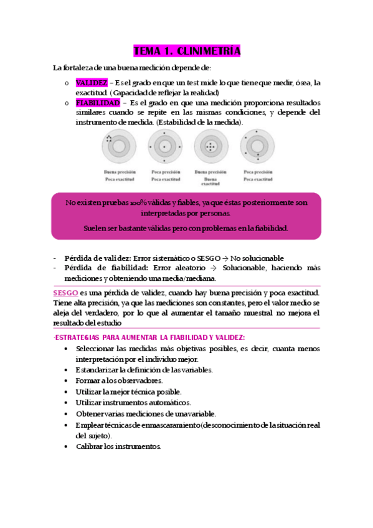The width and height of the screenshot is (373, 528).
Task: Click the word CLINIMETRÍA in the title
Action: click(x=209, y=51)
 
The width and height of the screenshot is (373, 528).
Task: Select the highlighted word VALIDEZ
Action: click(x=92, y=82)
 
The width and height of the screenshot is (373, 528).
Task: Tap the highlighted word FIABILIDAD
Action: click(x=98, y=102)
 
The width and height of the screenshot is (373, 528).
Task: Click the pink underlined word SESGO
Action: click(x=65, y=293)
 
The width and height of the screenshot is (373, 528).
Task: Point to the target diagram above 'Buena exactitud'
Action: click(x=210, y=148)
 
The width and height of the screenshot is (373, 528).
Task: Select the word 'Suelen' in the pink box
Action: click(x=95, y=228)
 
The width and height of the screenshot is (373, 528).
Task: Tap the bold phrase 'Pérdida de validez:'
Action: click(x=95, y=258)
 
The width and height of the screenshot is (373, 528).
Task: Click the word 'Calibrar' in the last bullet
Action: click(x=92, y=446)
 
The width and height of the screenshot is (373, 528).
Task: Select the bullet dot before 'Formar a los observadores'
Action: click(x=66, y=380)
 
